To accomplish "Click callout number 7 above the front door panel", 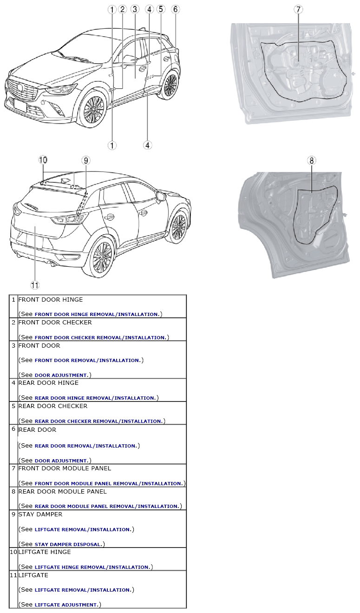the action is point(298,10).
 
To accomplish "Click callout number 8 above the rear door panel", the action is point(311,160).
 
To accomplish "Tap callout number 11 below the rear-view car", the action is point(35,285).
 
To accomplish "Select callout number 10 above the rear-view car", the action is point(43,160).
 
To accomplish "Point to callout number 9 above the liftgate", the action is point(86,160).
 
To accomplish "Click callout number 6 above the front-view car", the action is point(175,9).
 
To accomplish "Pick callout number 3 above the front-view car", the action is point(135,9).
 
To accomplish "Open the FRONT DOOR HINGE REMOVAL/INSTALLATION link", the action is point(97,315).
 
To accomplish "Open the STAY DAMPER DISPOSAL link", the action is point(68,545).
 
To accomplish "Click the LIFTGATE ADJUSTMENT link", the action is point(66,605).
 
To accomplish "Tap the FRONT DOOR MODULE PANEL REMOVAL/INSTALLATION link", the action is point(109,483).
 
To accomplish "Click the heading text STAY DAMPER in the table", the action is point(40,514).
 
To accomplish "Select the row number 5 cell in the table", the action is point(13,413).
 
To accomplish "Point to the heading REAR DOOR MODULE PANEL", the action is point(62,492).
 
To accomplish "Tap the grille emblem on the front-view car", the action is point(20,87).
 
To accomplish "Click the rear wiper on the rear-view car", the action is point(31,206).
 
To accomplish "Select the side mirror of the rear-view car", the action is point(161,197).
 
